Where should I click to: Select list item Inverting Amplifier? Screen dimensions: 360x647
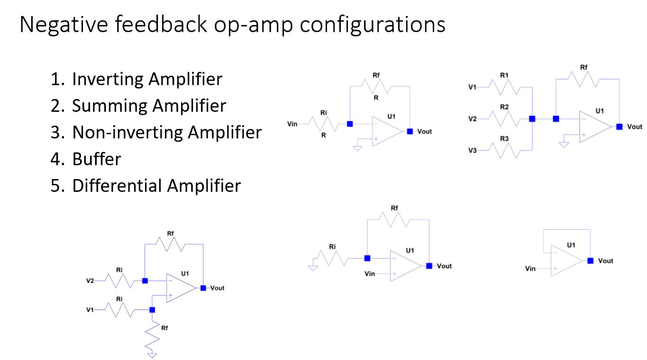click(146, 79)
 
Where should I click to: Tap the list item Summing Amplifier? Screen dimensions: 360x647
click(149, 106)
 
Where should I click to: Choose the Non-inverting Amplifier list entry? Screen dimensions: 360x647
click(166, 132)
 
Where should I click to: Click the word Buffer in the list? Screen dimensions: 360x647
click(96, 159)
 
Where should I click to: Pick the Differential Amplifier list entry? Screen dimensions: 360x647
click(156, 185)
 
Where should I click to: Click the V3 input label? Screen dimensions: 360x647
click(473, 151)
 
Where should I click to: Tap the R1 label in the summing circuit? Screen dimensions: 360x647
click(504, 75)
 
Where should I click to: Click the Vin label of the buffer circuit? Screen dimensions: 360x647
click(530, 269)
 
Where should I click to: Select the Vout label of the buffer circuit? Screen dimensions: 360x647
click(605, 261)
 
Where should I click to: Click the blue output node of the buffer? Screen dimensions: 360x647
click(590, 261)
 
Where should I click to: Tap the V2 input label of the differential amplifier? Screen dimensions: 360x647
click(90, 281)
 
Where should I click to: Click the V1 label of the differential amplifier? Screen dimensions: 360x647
click(90, 310)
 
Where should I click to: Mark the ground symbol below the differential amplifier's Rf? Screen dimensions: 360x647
click(152, 354)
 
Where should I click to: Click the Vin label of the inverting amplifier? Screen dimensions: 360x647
click(292, 124)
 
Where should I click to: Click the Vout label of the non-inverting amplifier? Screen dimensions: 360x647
click(444, 266)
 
